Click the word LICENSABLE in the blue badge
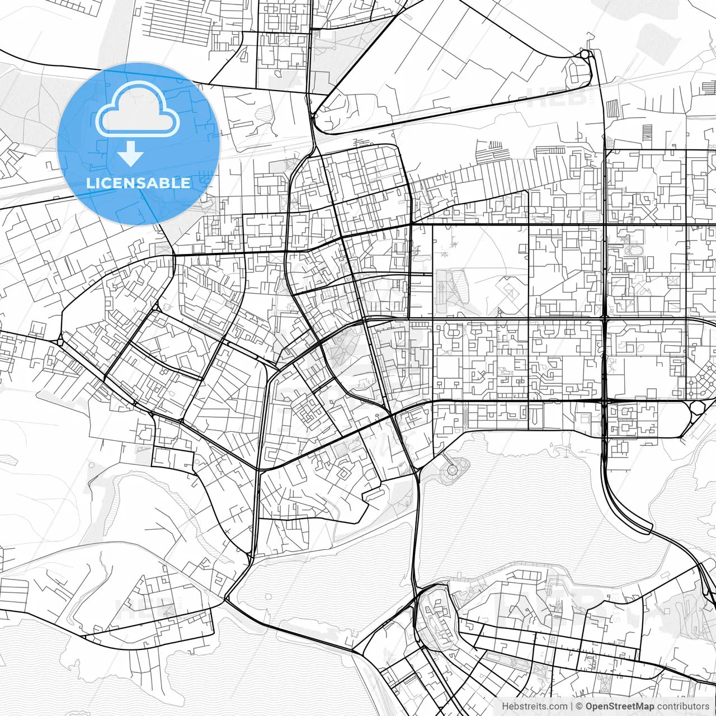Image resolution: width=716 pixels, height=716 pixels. click(x=138, y=183)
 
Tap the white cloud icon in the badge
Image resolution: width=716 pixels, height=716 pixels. click(x=137, y=109)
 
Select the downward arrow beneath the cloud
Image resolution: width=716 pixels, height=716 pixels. click(x=131, y=153)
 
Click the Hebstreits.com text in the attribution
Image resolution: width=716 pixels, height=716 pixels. click(x=534, y=706)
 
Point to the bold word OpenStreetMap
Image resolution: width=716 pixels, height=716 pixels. click(x=619, y=706)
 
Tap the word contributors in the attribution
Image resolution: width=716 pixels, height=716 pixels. click(x=683, y=706)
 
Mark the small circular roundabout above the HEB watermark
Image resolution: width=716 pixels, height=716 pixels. click(x=585, y=54)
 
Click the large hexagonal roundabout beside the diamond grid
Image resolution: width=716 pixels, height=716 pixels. click(x=698, y=407)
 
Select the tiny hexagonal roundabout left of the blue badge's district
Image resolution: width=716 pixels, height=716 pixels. click(x=60, y=341)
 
